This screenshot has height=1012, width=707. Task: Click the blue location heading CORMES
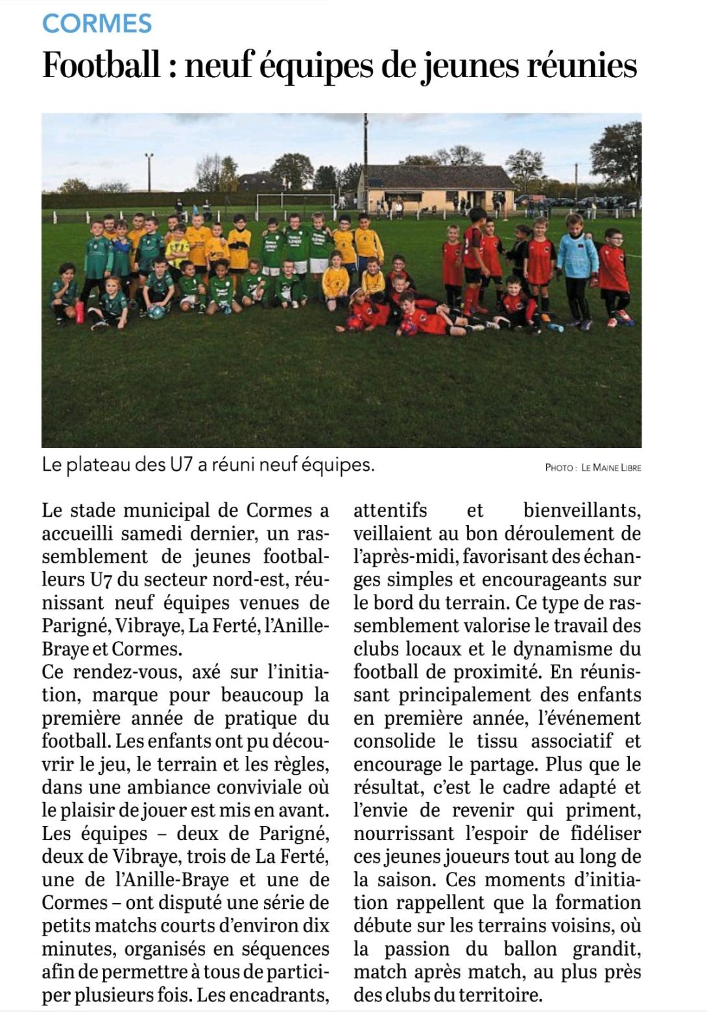(x=97, y=24)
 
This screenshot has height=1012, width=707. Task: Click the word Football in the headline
(x=101, y=66)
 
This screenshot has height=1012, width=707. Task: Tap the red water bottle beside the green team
(x=80, y=312)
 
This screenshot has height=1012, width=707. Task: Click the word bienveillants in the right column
(x=582, y=511)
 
